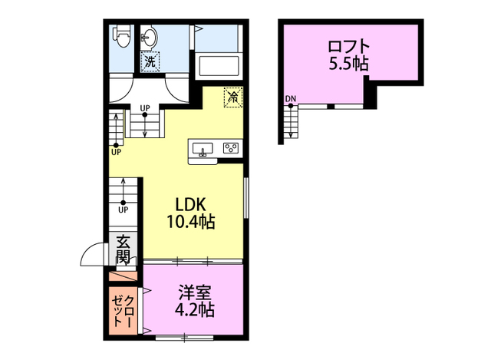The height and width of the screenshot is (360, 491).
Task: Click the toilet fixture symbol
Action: [x=121, y=36]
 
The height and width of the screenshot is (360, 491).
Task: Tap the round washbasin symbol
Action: [x=150, y=38]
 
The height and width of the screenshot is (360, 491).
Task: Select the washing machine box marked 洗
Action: [x=150, y=61]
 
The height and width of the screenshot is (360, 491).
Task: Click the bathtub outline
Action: [x=217, y=66]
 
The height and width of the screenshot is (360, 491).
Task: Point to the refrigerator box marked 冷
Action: [x=233, y=97]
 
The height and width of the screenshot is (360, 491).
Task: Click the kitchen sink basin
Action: [x=203, y=148]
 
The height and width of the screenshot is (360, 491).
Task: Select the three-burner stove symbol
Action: [x=231, y=148]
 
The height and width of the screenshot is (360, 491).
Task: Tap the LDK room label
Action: [x=190, y=205]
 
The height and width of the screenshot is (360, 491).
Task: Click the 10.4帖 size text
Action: [x=190, y=222]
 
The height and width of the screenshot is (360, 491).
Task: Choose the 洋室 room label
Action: [x=195, y=292]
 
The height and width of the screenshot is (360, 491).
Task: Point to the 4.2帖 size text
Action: [x=194, y=310]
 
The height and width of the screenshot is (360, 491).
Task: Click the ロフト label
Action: [x=349, y=47]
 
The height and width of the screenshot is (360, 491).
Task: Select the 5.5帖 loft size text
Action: [x=348, y=64]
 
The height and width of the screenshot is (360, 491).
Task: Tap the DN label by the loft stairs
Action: [x=291, y=99]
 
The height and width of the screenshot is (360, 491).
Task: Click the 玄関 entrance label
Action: [x=124, y=249]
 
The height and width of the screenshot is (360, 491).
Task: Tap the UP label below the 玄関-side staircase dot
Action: [x=124, y=210]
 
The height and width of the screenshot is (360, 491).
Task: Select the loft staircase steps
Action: [x=291, y=121]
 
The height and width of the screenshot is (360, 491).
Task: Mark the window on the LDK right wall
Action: [x=246, y=198]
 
